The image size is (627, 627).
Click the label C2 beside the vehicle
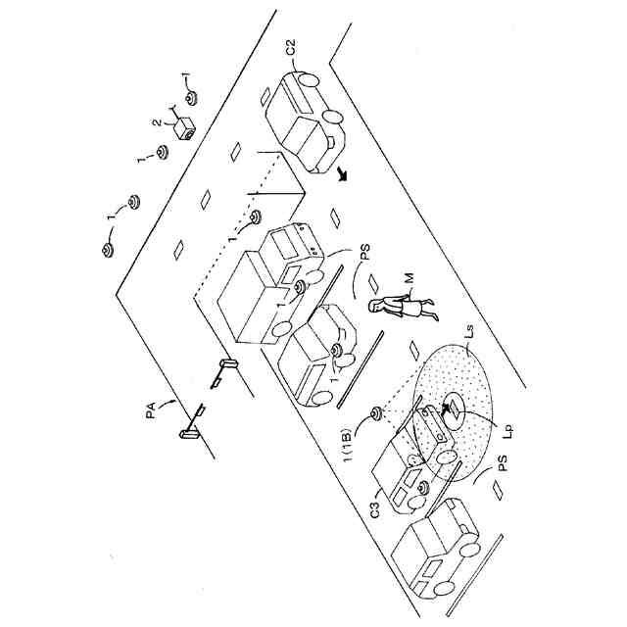pos(291,47)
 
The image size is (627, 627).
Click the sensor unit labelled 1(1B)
pos(375,415)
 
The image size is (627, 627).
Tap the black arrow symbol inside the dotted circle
pos(452,405)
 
